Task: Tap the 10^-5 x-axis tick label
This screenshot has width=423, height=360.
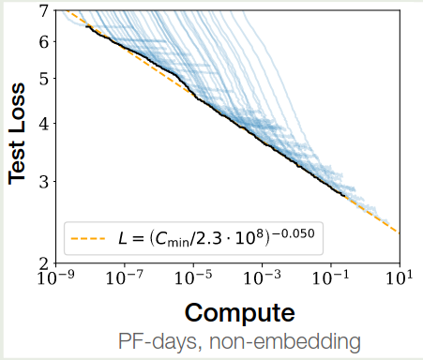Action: point(193,278)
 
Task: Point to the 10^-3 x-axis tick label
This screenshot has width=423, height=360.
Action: point(264,278)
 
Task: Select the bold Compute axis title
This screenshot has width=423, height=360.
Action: point(239,311)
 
